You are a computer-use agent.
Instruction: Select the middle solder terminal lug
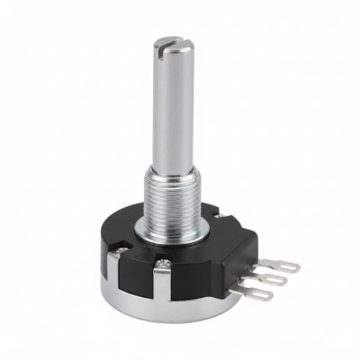coord(270,279)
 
